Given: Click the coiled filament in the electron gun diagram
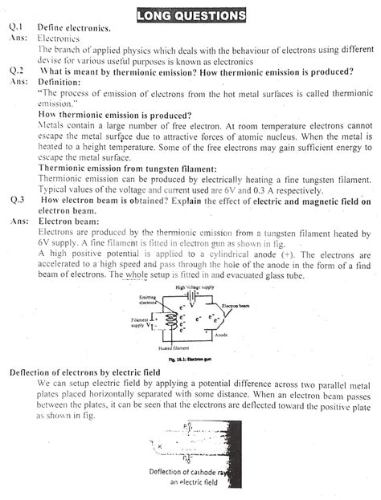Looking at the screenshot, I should click(170, 322).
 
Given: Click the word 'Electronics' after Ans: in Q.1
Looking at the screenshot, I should click(59, 38).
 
